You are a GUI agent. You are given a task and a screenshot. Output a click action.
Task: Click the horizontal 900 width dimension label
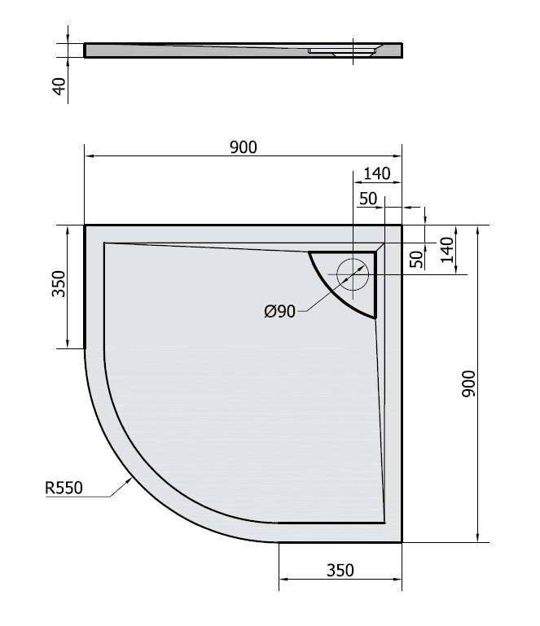click(x=243, y=147)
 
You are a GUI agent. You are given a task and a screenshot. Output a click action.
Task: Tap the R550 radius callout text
click(x=65, y=488)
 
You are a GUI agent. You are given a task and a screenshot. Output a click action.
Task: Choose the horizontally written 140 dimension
click(x=377, y=173)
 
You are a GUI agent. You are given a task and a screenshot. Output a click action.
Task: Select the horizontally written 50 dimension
click(x=367, y=198)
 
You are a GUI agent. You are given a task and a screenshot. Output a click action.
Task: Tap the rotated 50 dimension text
click(x=416, y=259)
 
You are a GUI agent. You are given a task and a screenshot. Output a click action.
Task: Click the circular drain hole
click(x=353, y=274)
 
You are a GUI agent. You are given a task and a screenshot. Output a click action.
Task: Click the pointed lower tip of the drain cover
click(x=375, y=317)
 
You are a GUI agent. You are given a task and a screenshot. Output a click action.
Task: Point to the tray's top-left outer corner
click(x=86, y=225)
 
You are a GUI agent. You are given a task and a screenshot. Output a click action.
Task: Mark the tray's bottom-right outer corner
click(x=402, y=541)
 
